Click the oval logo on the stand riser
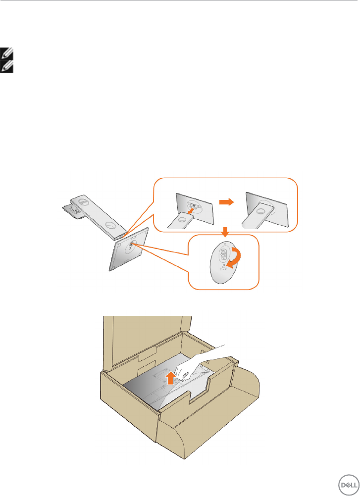tap(85, 202)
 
